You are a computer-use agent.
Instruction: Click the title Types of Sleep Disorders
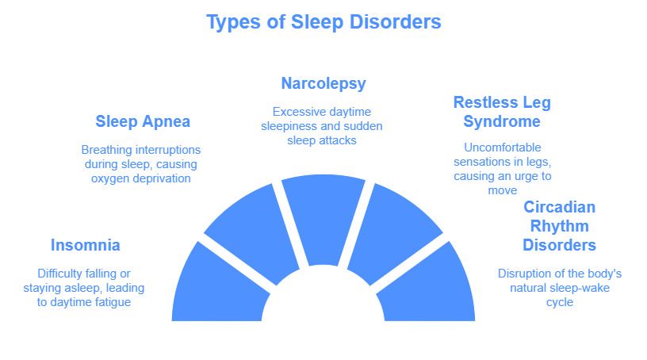[x=323, y=22]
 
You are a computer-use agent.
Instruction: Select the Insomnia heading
[x=86, y=245]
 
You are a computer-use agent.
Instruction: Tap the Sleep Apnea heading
[x=143, y=122]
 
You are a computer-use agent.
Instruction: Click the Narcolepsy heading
[x=323, y=83]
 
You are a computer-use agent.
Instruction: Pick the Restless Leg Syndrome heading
[x=502, y=112]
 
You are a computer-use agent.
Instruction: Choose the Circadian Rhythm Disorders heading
[x=560, y=226]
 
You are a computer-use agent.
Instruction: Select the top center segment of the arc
[x=323, y=218]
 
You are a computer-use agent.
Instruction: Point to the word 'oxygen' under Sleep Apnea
[x=110, y=178]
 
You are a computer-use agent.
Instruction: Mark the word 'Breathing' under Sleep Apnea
[x=107, y=149]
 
